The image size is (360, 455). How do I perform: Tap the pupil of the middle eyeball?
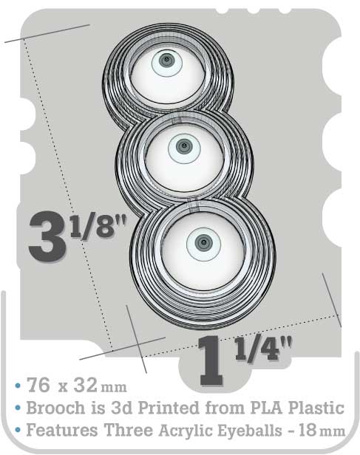(x=184, y=146)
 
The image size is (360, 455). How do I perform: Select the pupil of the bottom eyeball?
(x=203, y=242)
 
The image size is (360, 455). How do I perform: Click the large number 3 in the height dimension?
(x=47, y=236)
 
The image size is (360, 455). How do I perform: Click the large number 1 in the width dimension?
(x=211, y=360)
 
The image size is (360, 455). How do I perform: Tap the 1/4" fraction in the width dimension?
(x=263, y=349)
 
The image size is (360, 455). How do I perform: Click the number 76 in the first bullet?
(x=38, y=386)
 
